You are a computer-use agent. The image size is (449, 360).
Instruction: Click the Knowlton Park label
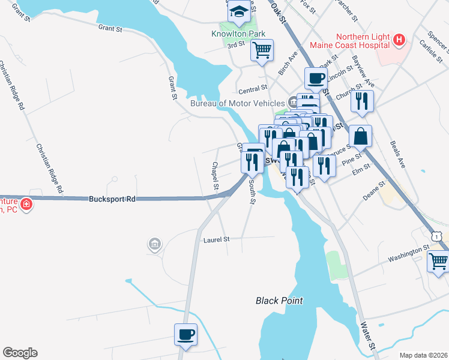click(238, 34)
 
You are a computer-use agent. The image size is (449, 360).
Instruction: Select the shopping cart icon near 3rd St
click(262, 51)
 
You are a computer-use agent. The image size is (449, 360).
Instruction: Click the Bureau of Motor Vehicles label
click(238, 103)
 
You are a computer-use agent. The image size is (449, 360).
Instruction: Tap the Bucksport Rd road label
click(112, 199)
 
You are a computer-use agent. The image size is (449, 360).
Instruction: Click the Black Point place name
click(279, 301)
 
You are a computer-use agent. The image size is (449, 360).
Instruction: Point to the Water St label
click(367, 335)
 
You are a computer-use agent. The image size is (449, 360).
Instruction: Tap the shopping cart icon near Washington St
click(438, 261)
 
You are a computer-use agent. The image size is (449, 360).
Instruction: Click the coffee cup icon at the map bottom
click(185, 334)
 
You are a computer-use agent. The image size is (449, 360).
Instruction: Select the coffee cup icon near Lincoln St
click(316, 77)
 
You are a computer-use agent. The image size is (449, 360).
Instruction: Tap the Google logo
click(20, 353)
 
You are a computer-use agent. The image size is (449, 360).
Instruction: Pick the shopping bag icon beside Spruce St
click(360, 136)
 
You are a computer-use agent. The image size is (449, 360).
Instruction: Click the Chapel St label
click(215, 176)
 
